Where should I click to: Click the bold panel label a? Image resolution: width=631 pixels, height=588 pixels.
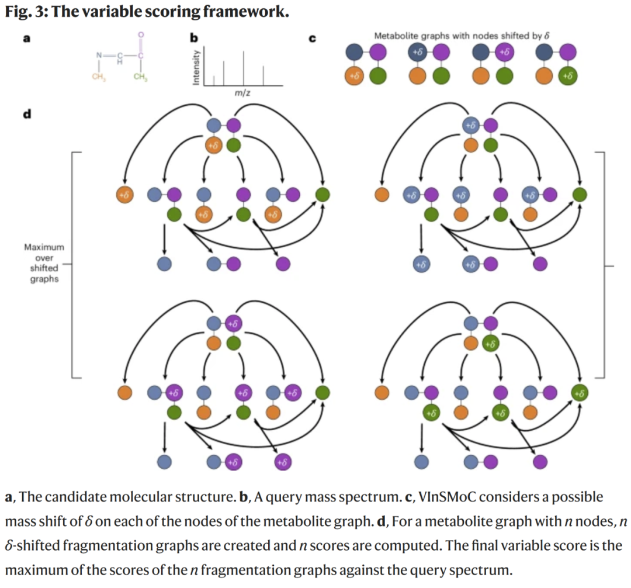(x=26, y=39)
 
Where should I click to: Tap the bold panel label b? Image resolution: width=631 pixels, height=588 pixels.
(x=194, y=38)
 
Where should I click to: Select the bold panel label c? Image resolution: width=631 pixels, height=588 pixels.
(x=312, y=39)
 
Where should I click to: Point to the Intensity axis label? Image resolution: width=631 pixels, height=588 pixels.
(x=196, y=67)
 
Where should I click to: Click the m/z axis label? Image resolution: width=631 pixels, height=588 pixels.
(x=242, y=93)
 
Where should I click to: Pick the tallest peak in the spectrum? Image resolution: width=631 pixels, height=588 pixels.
(x=243, y=68)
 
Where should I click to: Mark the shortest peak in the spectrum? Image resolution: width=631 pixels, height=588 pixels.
(x=214, y=81)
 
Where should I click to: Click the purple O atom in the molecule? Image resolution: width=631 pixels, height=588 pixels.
(x=141, y=35)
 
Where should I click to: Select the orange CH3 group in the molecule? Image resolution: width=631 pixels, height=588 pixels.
(x=99, y=77)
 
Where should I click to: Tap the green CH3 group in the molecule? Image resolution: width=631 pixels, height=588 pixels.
(x=141, y=77)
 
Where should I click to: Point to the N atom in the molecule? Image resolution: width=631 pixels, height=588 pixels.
(x=99, y=55)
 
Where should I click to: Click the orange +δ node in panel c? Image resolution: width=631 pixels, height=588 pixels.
(x=354, y=75)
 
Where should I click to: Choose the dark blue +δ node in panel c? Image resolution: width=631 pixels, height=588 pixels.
(x=417, y=52)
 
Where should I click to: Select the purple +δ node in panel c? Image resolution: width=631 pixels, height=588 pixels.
(x=505, y=52)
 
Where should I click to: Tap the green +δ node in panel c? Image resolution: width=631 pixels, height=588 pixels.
(x=568, y=75)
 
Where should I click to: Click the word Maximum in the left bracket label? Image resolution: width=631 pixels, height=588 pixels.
(x=44, y=247)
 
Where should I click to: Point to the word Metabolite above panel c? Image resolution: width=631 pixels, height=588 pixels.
(x=396, y=36)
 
